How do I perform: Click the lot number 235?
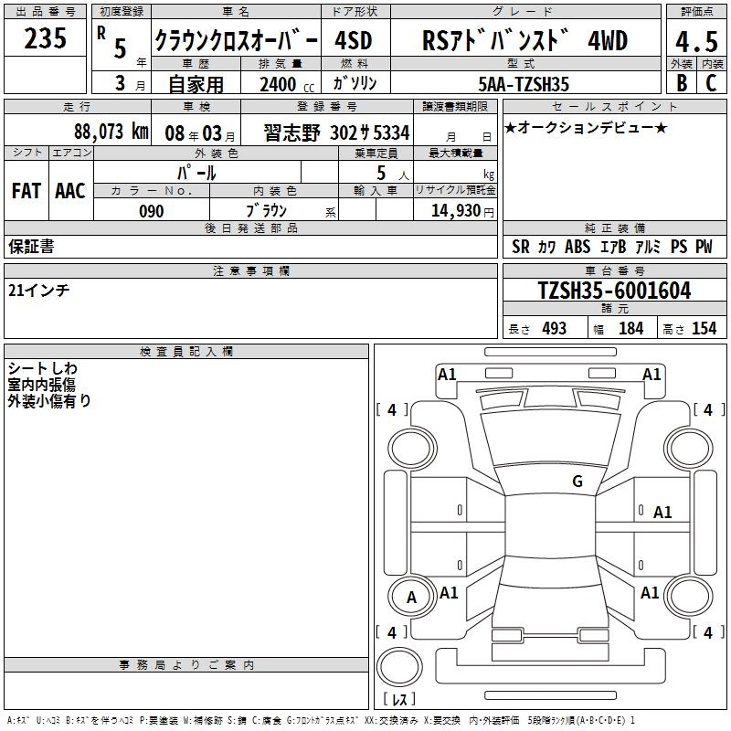45,37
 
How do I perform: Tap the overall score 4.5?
696,41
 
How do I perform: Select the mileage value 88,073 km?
111,132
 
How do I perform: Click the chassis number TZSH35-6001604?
614,291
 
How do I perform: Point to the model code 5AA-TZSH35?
524,84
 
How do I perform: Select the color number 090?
152,211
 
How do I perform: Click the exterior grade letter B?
682,82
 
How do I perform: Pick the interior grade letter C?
711,82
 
